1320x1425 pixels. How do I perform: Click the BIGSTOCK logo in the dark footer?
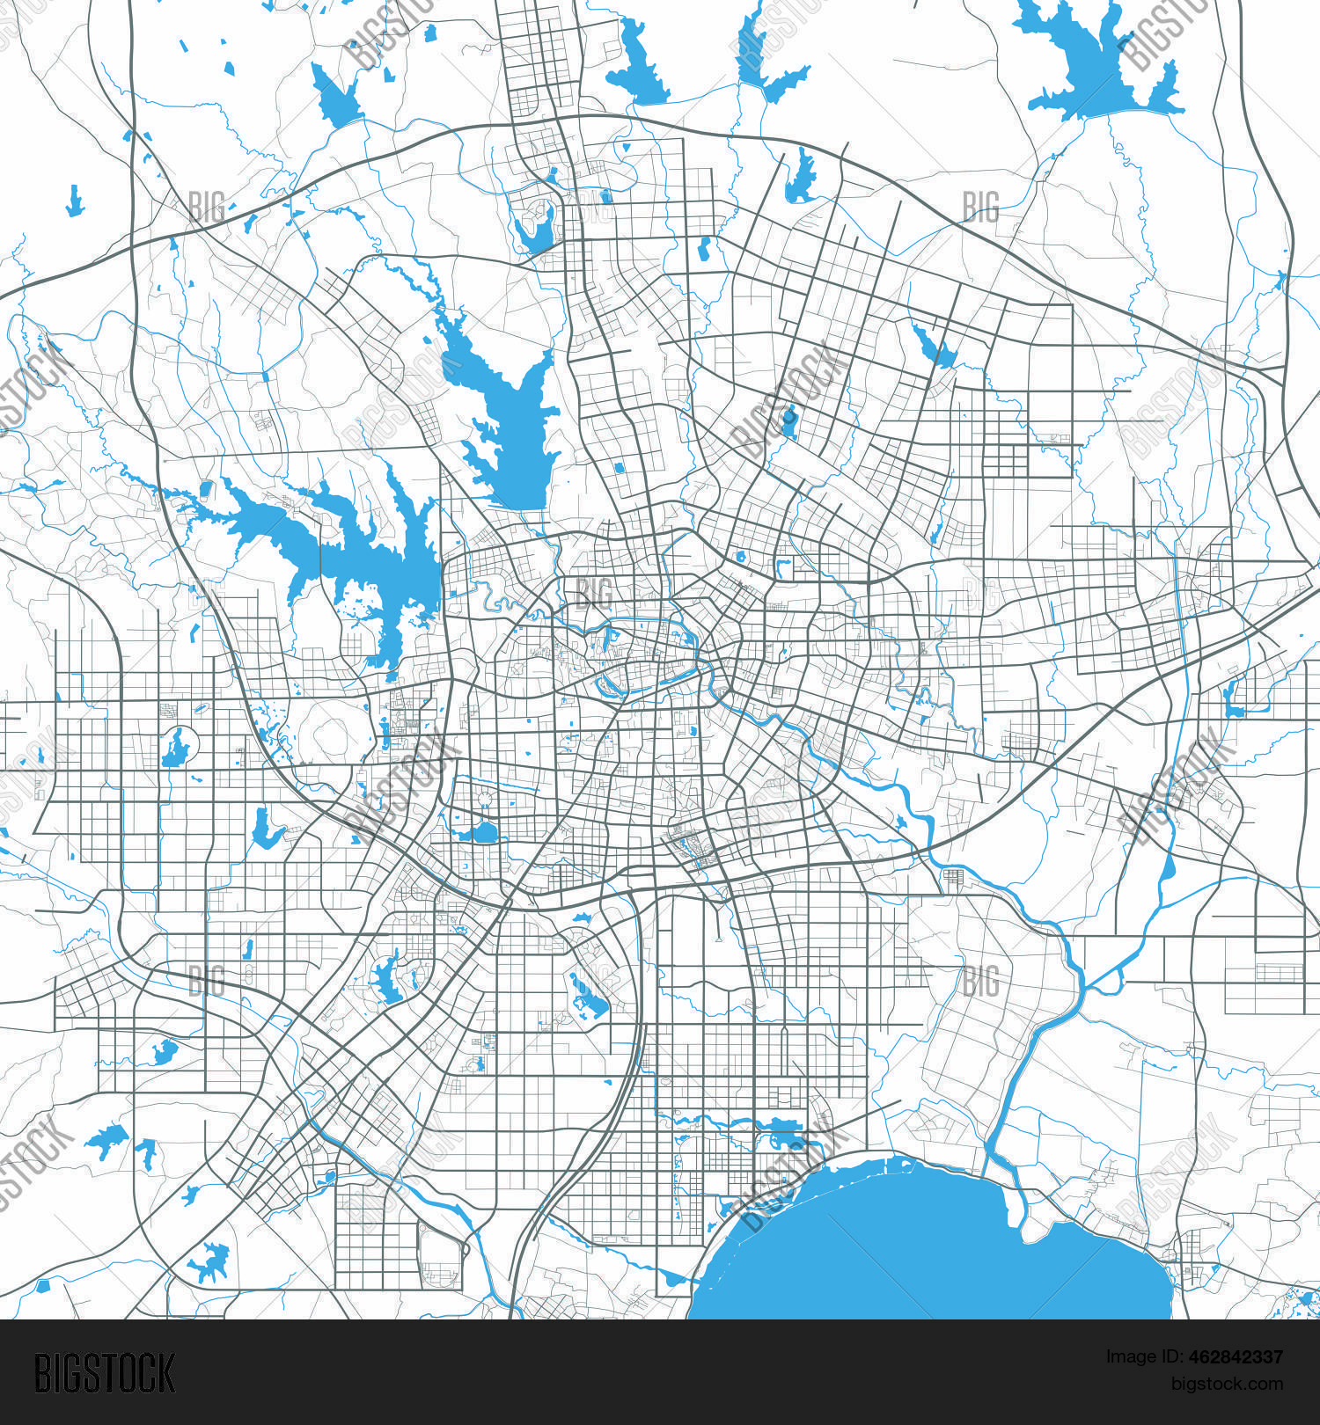point(105,1373)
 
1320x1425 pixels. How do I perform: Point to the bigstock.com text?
point(1227,1384)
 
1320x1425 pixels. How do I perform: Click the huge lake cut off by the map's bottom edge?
point(924,1249)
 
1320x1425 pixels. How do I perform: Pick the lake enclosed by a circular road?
point(178,749)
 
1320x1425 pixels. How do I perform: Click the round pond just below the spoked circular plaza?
point(483,832)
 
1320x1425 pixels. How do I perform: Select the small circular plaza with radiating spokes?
point(484,799)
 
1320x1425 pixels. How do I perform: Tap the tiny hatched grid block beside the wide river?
point(952,876)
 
